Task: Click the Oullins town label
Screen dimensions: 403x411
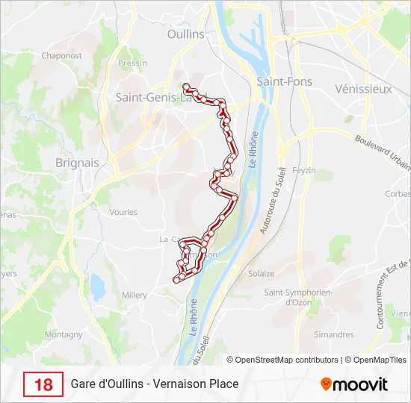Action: point(186,34)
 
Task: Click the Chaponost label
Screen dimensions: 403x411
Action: point(61,55)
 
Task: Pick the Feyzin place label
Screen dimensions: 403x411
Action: point(306,170)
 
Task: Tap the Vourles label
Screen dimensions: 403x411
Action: point(123,212)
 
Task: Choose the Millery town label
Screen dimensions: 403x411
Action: point(135,295)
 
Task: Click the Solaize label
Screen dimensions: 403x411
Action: point(261,274)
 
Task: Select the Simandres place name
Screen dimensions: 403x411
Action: point(334,334)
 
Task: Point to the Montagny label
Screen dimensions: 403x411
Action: point(64,335)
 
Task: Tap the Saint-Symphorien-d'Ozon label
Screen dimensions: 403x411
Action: point(298,298)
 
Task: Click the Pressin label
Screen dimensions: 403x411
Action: point(132,63)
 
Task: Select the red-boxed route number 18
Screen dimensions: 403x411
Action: point(43,384)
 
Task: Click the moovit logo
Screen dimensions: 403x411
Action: point(354,384)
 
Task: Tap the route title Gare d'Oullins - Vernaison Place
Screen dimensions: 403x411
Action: point(155,384)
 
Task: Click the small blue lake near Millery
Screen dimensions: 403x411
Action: point(97,284)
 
